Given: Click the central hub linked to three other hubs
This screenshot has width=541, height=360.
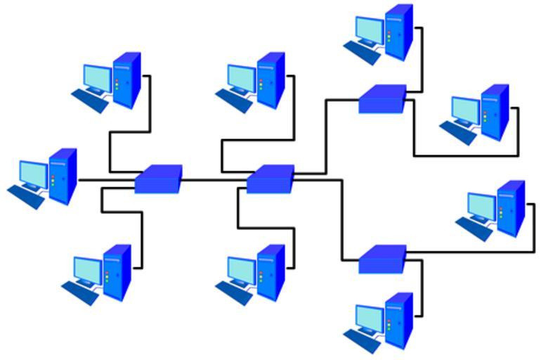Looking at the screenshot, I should pos(270,179).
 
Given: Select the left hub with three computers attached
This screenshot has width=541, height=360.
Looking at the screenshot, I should pos(158,179).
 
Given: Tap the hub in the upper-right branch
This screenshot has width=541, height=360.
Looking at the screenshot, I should pos(382,99).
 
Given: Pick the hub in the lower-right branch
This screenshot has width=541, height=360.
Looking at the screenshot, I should pos(382,259).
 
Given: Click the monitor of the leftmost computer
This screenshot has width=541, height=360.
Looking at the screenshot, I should pos(33,173).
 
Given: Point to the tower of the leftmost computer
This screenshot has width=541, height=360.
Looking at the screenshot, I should pos(63,176).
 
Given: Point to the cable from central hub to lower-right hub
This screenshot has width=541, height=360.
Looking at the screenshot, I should pos(342,218).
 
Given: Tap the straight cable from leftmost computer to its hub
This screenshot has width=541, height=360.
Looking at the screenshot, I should pos(105,180).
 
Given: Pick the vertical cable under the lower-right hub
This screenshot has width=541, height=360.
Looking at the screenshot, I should pos(422,288).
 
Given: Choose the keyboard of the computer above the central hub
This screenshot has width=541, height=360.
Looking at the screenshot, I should pos(233,101).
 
